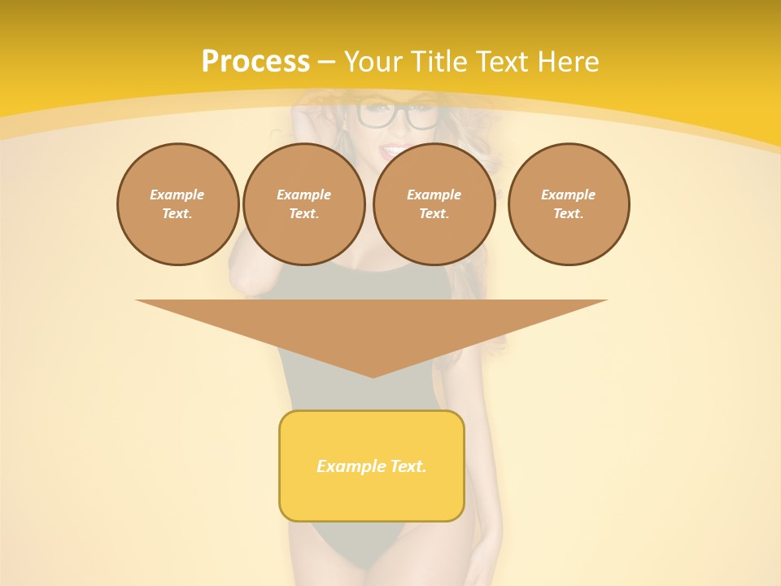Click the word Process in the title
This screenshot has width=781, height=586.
pyautogui.click(x=255, y=62)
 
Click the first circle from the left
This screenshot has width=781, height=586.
pyautogui.click(x=177, y=204)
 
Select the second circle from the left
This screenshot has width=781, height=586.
pyautogui.click(x=303, y=204)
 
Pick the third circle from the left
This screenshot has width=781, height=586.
pyautogui.click(x=434, y=204)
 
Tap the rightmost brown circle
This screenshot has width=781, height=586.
pyautogui.click(x=569, y=204)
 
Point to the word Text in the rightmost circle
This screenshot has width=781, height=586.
pyautogui.click(x=567, y=214)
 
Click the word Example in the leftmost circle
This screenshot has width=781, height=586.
pyautogui.click(x=177, y=195)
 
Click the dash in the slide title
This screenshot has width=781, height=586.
pyautogui.click(x=326, y=62)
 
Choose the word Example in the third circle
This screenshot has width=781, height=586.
pyautogui.click(x=434, y=195)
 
